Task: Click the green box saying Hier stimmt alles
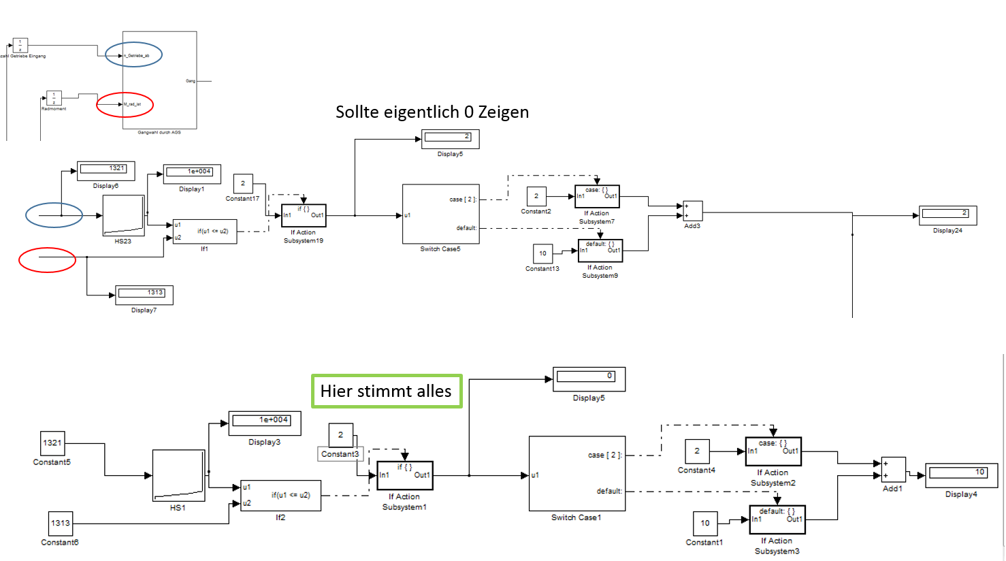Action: coord(387,391)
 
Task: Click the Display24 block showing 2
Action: coord(947,215)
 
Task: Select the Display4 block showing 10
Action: coord(960,475)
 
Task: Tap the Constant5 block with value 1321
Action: coord(52,443)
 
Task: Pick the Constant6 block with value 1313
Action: coord(60,523)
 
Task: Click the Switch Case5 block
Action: coord(440,214)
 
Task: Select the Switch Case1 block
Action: coord(577,474)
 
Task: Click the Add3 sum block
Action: coord(692,211)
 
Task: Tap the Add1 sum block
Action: coord(892,470)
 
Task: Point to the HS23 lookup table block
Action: coord(123,216)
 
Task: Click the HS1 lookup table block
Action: coord(178,475)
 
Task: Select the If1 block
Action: coord(204,231)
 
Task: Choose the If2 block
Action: coord(280,496)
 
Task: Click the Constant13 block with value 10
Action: coord(542,254)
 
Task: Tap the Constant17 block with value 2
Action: coord(243,184)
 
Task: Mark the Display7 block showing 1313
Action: coord(144,295)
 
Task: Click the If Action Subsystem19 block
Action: coord(304,215)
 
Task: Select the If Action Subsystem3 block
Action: coord(777,519)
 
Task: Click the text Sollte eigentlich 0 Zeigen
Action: coord(432,112)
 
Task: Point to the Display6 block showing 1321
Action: coord(106,170)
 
